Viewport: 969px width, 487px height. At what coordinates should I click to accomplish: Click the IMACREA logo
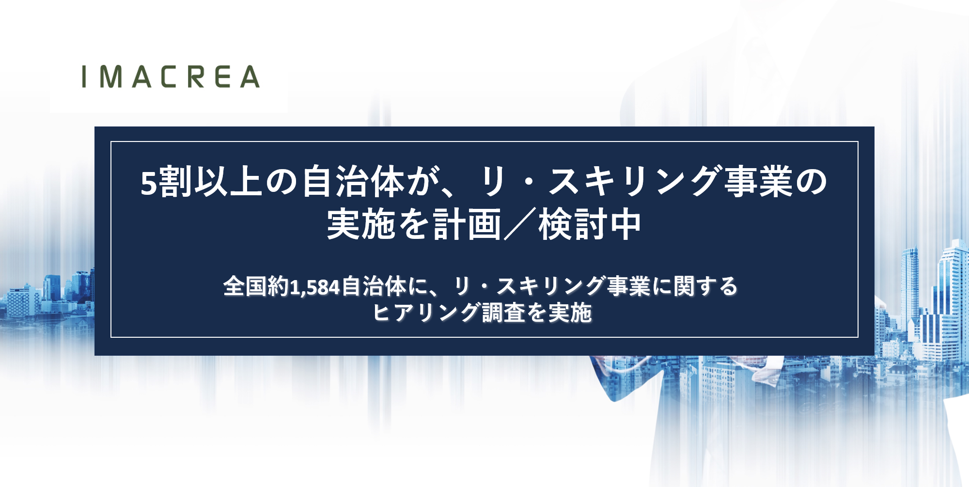[171, 77]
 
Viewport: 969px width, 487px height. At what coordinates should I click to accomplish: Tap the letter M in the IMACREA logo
[111, 77]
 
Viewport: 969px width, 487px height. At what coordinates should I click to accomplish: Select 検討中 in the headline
[590, 224]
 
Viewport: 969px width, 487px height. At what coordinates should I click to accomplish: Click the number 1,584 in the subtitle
[315, 287]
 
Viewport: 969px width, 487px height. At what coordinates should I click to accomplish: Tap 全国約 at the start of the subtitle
[256, 286]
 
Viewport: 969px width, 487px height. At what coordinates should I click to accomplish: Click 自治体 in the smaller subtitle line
[374, 286]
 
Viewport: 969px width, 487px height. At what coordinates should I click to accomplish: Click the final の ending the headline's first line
[812, 182]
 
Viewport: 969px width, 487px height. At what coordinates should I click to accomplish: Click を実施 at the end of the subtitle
[559, 313]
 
